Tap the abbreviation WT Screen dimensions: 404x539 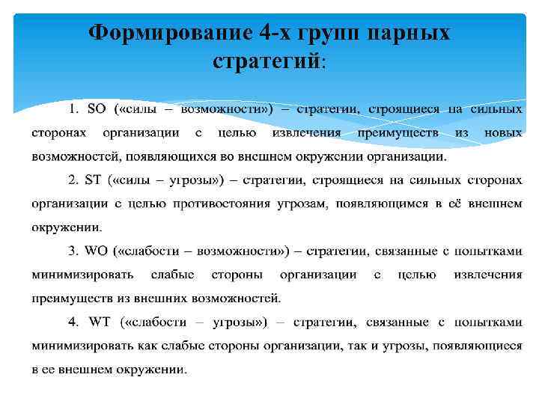pos(100,322)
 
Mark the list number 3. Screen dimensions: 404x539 pos(72,251)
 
